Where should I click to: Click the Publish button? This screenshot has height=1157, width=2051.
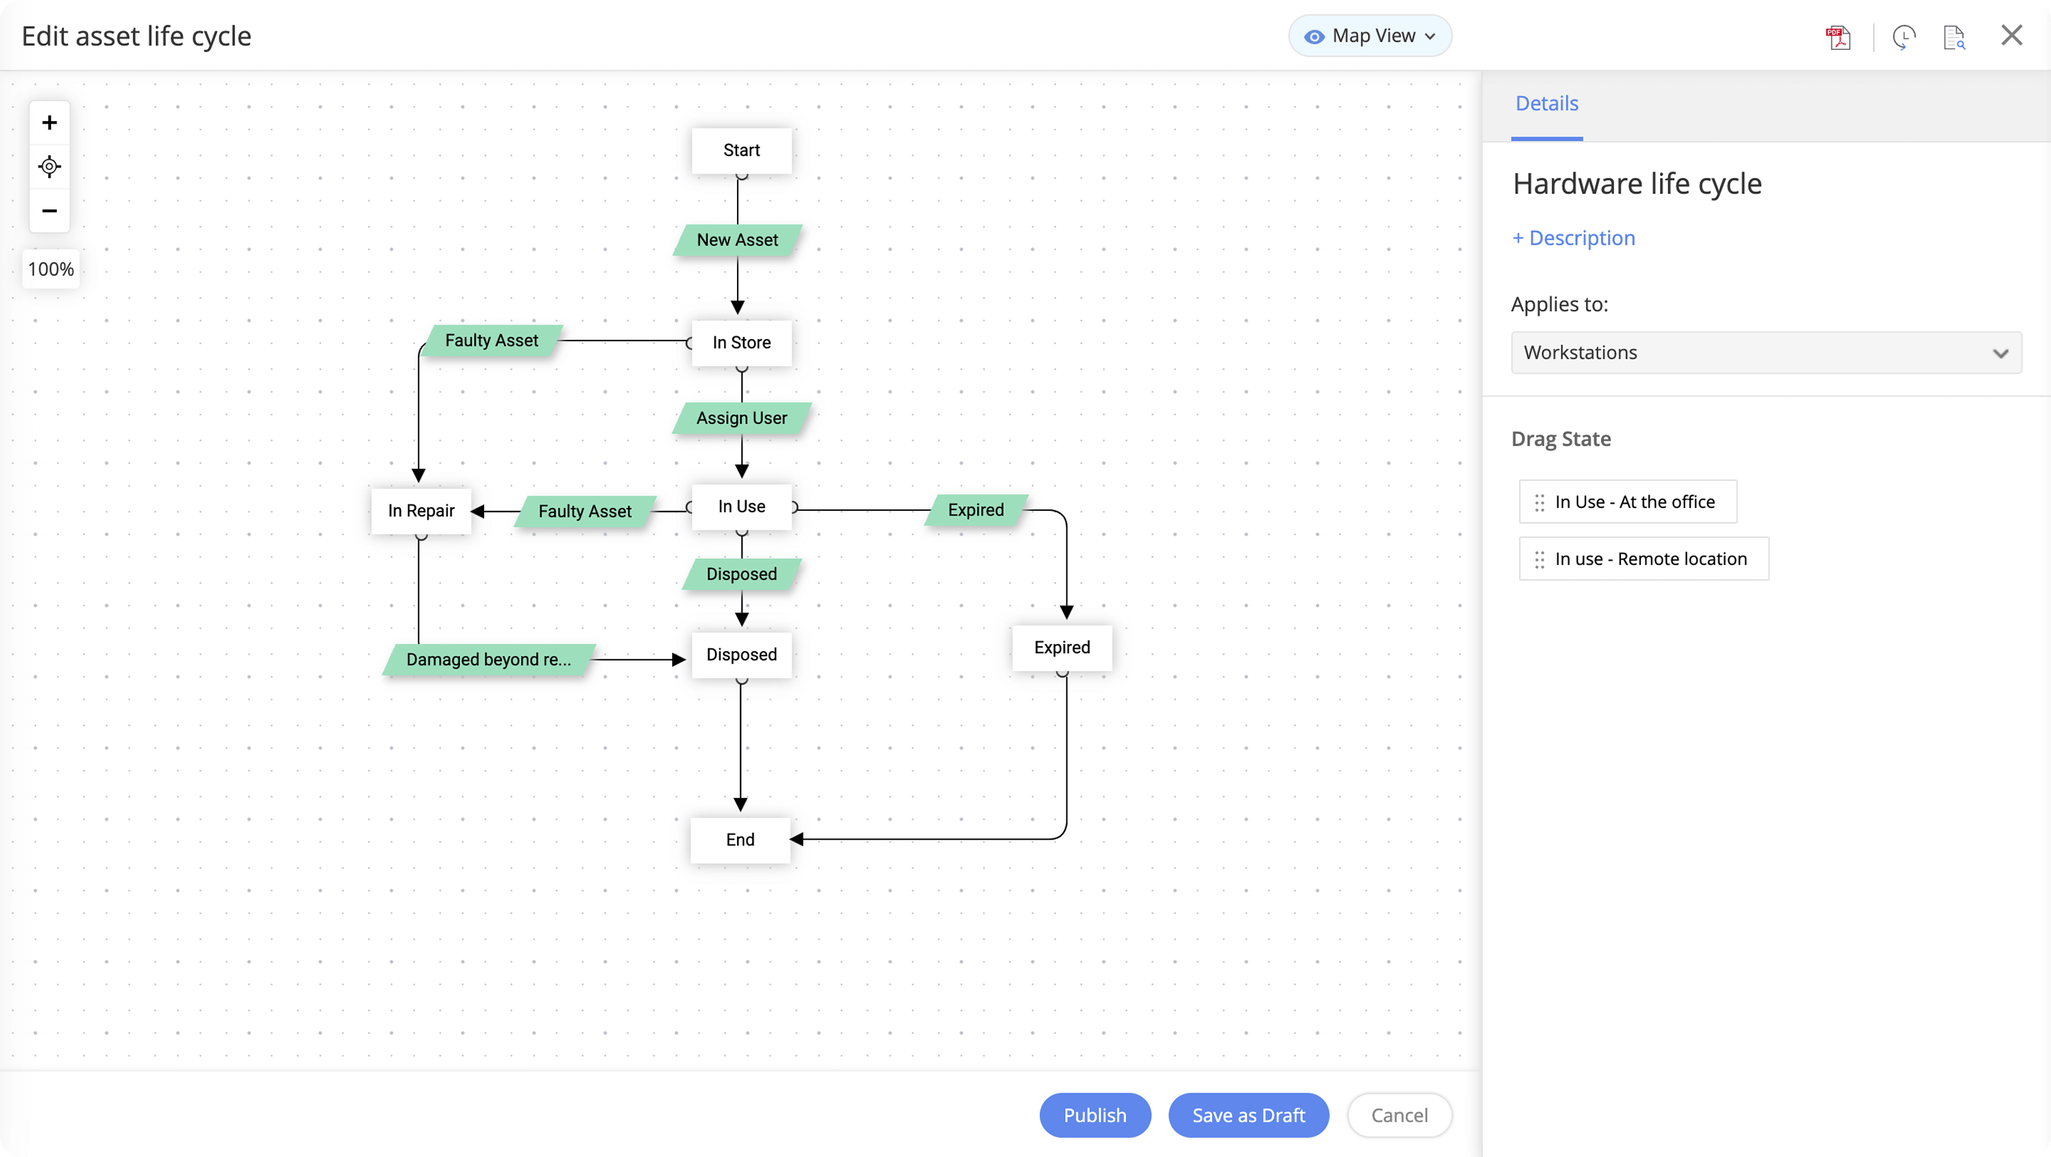pos(1095,1115)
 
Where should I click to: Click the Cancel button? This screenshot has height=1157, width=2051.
pos(1399,1115)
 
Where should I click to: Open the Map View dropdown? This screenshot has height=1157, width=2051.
pos(1369,36)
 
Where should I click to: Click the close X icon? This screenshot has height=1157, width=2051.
pos(2011,36)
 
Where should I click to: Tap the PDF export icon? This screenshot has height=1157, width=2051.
pos(1838,38)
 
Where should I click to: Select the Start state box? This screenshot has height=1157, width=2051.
pos(741,150)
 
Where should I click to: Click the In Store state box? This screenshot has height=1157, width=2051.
pos(741,343)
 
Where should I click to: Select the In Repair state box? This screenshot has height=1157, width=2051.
pos(421,510)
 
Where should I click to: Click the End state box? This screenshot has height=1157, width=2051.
pos(740,839)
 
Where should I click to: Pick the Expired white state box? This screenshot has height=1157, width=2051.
pos(1061,648)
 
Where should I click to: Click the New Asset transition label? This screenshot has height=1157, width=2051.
pos(737,240)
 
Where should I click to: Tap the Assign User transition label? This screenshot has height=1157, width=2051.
pos(741,418)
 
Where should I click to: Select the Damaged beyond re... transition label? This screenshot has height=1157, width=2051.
pos(488,659)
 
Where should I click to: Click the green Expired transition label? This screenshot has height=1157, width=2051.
pos(976,509)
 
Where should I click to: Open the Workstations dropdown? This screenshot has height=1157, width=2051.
pos(1765,353)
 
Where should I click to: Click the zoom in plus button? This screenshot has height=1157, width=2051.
pos(49,122)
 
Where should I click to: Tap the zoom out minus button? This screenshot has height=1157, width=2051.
pos(49,211)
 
